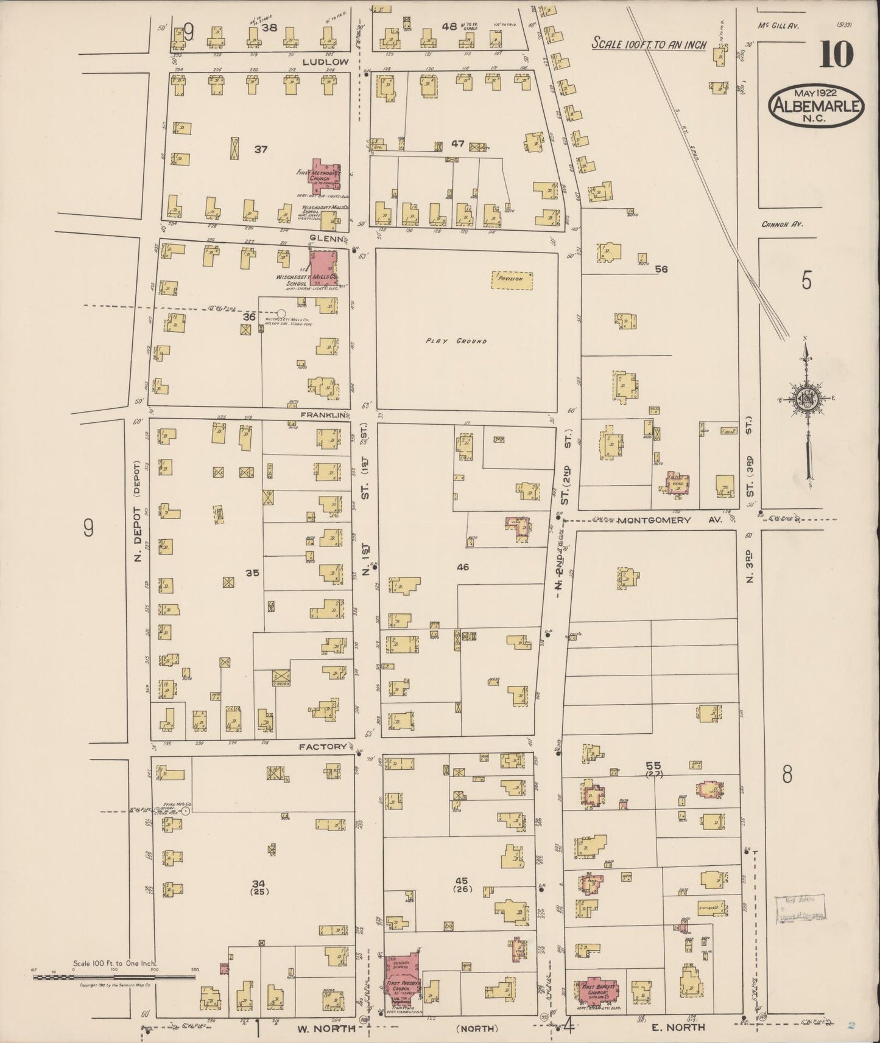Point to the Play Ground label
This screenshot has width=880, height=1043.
[x=465, y=341]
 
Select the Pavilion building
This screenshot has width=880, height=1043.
[x=512, y=280]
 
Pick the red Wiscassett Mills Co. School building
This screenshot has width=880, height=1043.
[x=322, y=268]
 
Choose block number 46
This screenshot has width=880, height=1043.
[x=463, y=567]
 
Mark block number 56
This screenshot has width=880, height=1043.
[x=661, y=269]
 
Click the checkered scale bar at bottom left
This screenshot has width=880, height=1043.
[x=114, y=977]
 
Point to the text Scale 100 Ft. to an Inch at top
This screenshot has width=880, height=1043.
[x=650, y=44]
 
